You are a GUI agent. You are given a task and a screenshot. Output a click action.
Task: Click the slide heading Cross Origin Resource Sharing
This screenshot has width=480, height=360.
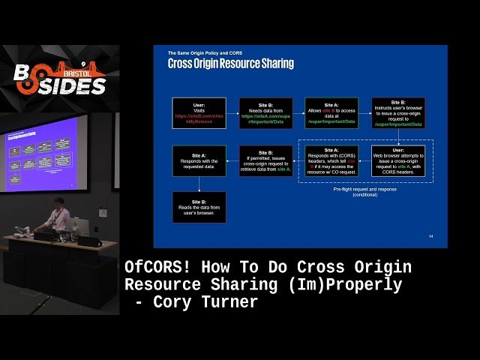[230, 64]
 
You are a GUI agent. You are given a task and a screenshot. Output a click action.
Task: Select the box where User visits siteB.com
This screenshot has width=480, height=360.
[199, 113]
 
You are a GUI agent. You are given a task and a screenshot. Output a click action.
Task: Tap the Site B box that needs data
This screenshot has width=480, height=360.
[265, 113]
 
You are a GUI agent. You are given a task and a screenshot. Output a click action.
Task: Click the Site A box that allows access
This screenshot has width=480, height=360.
[331, 113]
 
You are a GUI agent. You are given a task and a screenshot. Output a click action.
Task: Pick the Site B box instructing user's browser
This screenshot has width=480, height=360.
[397, 113]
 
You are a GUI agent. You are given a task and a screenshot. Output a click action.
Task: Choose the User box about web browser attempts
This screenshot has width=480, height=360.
[397, 160]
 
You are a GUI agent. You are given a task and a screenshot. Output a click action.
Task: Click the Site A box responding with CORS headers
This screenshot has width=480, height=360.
[331, 160]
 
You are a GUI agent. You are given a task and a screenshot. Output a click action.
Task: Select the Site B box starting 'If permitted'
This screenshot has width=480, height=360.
[265, 160]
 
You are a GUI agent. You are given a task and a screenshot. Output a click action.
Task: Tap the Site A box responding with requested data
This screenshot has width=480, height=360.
[199, 160]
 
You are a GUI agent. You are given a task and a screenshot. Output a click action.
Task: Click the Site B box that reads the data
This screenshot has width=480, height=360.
[199, 207]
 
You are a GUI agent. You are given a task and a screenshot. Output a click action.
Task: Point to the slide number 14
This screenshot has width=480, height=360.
[430, 237]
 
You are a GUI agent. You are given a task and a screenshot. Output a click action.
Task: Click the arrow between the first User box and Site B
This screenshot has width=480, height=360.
[232, 113]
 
